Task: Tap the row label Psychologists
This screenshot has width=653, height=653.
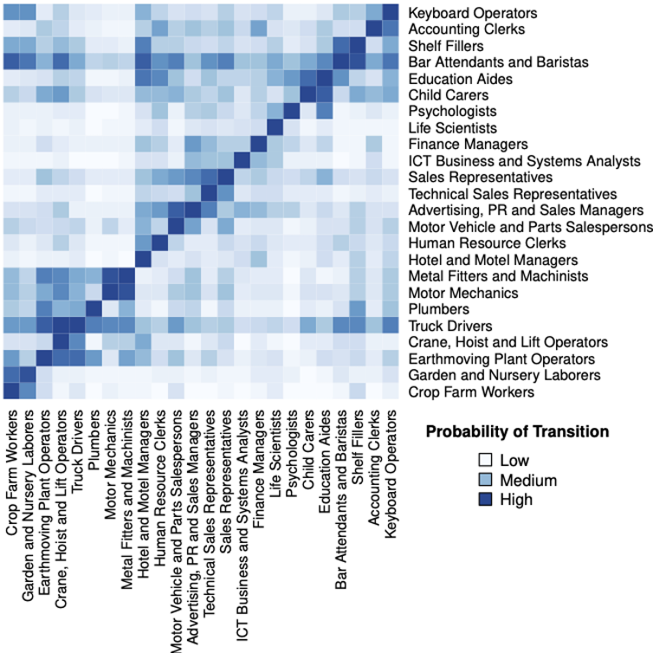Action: click(x=451, y=112)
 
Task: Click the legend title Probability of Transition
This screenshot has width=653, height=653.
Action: click(x=517, y=431)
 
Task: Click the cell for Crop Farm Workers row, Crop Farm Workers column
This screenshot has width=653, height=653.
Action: click(x=12, y=392)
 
